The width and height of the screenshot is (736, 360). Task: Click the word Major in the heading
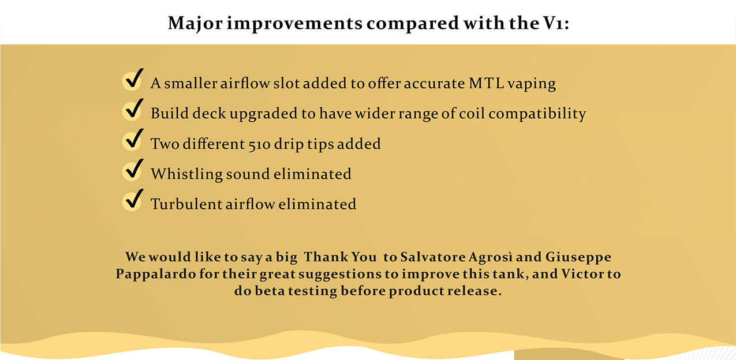(x=195, y=24)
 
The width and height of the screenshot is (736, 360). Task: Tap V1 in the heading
(x=551, y=23)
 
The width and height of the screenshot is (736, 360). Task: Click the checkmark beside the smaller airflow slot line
(x=133, y=79)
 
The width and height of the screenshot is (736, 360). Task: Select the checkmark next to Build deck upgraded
(x=133, y=110)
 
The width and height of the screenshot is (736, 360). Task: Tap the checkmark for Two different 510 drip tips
(x=133, y=140)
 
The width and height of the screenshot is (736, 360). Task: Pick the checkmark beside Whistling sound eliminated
(x=133, y=170)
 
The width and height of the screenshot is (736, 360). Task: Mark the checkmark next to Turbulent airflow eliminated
(x=133, y=200)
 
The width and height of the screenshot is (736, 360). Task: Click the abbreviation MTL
(x=486, y=84)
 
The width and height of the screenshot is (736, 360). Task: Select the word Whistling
(x=186, y=174)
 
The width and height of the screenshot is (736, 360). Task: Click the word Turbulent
(x=186, y=204)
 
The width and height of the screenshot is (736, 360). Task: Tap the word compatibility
(x=537, y=114)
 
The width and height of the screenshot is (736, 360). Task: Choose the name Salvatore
(x=433, y=257)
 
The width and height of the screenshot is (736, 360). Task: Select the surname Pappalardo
(x=156, y=274)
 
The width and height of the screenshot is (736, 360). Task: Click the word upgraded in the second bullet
(x=263, y=114)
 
